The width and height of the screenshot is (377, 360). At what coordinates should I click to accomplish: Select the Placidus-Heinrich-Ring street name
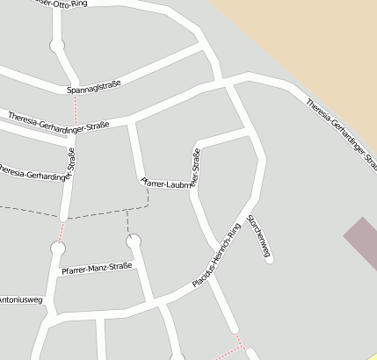tap(216, 256)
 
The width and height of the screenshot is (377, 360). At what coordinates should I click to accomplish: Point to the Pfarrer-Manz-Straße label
tap(97, 268)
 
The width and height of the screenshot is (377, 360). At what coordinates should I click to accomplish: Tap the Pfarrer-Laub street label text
tap(163, 184)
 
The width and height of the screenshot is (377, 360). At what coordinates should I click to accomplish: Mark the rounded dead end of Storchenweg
tap(269, 260)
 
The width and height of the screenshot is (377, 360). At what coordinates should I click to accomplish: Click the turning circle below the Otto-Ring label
tap(57, 44)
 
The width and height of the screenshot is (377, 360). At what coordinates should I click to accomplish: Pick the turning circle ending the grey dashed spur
tap(134, 240)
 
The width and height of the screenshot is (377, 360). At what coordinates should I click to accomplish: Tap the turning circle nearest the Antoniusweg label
tap(58, 248)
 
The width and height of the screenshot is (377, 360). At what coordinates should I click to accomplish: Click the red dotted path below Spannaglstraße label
tap(76, 111)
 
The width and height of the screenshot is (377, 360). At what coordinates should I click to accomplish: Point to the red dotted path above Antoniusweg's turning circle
tap(62, 231)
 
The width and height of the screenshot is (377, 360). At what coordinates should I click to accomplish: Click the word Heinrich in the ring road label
tap(220, 251)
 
